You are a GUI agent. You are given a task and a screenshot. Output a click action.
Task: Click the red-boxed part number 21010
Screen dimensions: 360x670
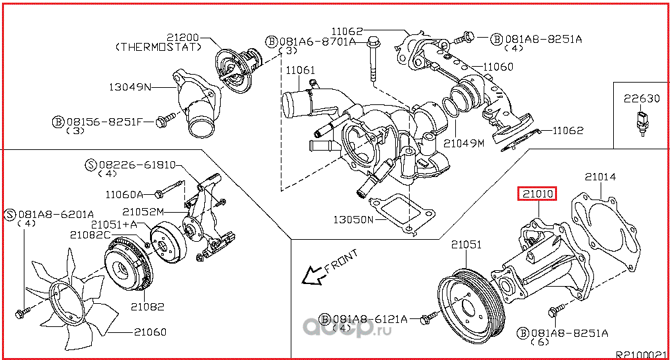pyautogui.click(x=538, y=194)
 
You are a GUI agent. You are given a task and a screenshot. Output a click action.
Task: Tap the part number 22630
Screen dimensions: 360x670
pyautogui.click(x=642, y=99)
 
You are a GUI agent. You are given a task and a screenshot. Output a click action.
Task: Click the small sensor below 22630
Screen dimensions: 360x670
pyautogui.click(x=640, y=125)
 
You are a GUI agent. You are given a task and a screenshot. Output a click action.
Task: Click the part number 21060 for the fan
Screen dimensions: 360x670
pyautogui.click(x=149, y=332)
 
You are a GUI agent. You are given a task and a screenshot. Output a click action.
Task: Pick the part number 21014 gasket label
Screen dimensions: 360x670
pyautogui.click(x=600, y=176)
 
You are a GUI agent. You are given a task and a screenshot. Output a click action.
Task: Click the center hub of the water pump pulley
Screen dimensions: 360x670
pyautogui.click(x=468, y=308)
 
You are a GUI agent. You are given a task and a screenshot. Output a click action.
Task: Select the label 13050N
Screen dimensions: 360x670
pyautogui.click(x=352, y=219)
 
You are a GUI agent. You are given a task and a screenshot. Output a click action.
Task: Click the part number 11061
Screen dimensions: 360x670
pyautogui.click(x=300, y=70)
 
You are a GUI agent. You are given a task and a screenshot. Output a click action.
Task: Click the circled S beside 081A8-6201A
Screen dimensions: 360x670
pyautogui.click(x=10, y=213)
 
